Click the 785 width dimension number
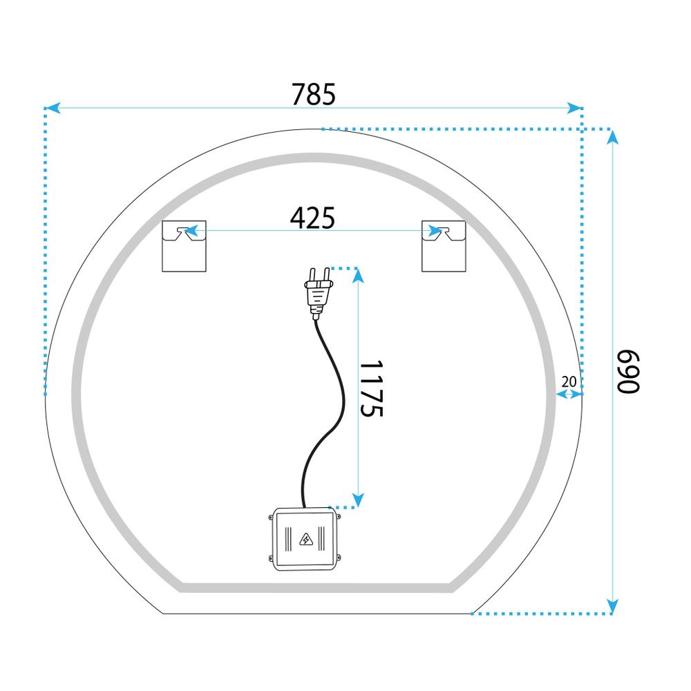coord(313,94)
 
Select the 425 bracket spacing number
coord(312,218)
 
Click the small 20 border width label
coord(569,381)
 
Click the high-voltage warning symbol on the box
coord(304,540)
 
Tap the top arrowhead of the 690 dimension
coord(612,137)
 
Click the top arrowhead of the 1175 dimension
coord(358,276)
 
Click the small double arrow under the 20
coord(569,394)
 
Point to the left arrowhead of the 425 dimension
coord(191,231)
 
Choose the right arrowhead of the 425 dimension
coord(435,231)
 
